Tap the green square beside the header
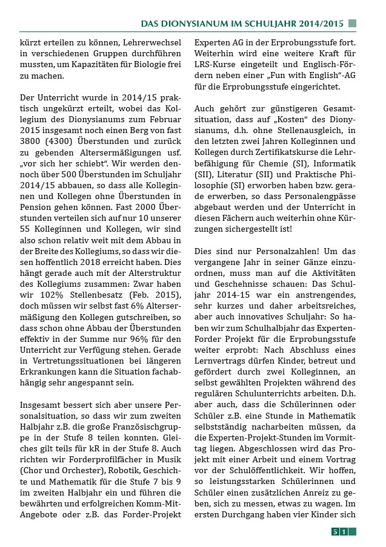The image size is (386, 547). (353, 24)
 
